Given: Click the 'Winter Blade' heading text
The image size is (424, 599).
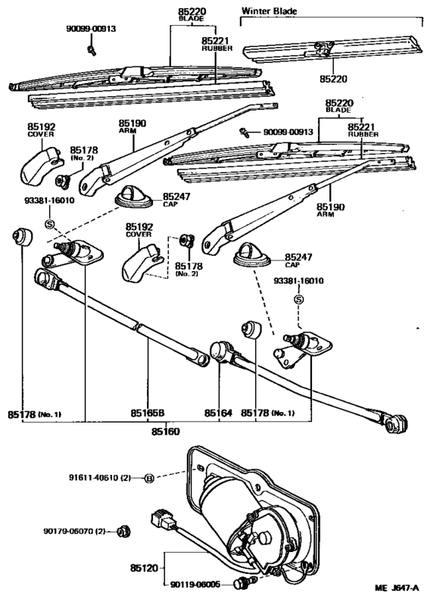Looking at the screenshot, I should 269,11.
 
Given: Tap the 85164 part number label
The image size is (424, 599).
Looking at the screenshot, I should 218,413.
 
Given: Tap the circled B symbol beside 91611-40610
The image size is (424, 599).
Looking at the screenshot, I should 149,479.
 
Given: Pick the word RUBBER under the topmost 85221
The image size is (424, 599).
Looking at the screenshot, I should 215,48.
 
